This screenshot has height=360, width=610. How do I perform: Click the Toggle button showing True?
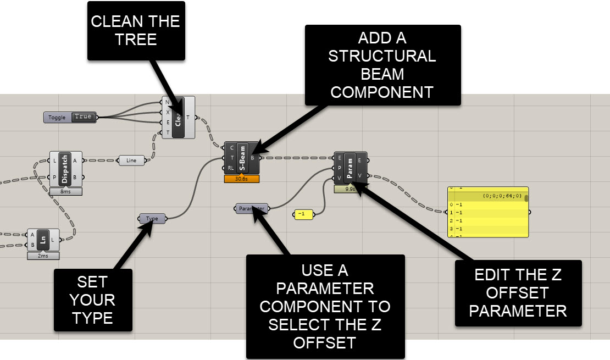click(70, 117)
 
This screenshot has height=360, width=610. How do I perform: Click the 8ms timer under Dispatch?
click(65, 191)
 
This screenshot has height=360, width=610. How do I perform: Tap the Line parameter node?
click(132, 160)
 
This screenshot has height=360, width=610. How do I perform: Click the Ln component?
click(43, 240)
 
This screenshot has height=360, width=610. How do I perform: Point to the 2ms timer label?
click(43, 256)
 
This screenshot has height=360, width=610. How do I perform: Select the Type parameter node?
click(152, 219)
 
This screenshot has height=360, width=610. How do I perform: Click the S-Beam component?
click(242, 158)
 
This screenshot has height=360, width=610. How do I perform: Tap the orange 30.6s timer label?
click(241, 179)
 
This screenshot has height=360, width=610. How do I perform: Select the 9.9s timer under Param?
click(350, 189)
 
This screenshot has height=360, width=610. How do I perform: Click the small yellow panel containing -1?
click(303, 214)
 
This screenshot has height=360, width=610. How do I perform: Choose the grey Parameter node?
click(252, 209)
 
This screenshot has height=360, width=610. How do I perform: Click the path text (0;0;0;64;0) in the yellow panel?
click(502, 196)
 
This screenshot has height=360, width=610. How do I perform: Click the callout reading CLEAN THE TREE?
click(135, 30)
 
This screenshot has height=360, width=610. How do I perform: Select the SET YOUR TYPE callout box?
click(93, 300)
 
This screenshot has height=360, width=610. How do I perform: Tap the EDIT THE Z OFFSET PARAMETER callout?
click(518, 292)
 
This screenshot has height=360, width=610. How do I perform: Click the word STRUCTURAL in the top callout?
click(382, 56)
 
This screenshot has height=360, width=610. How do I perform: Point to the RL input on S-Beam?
click(231, 168)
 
